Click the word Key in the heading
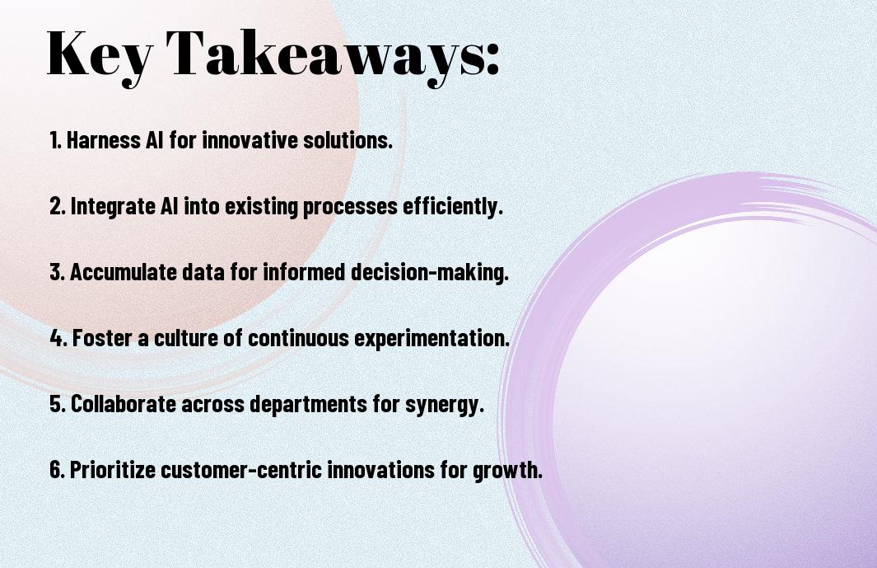[99, 56]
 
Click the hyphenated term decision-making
[430, 272]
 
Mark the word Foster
[102, 338]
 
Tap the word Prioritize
[113, 469]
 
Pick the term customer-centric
[241, 469]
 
